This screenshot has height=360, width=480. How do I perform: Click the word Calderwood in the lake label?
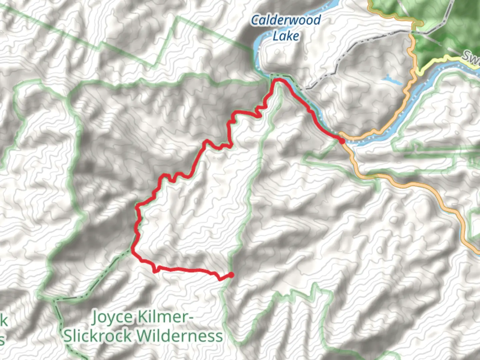(x=286, y=20)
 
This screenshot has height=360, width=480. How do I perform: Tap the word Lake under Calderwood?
(x=286, y=36)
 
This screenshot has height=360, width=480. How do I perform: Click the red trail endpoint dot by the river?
(x=342, y=141)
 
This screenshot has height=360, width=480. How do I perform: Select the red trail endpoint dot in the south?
(x=231, y=275)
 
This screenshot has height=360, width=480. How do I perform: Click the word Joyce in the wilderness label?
(x=112, y=317)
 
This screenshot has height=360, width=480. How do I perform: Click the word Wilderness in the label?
(x=180, y=336)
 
